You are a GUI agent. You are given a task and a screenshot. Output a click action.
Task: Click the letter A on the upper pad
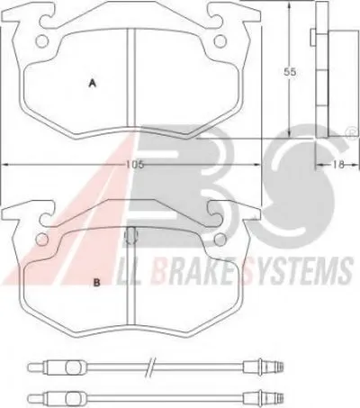point(93,83)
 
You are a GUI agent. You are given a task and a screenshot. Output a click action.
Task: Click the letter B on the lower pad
point(96,283)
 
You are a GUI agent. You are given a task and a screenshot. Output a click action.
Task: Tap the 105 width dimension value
point(135,165)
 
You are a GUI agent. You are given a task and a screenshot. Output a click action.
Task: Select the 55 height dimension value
point(290,72)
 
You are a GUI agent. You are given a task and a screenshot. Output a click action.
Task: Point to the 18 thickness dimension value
point(337,165)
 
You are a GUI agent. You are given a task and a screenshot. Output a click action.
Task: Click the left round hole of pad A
point(41,41)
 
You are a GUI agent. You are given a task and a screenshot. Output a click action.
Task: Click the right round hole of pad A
point(220,41)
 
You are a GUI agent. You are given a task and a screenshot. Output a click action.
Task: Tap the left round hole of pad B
point(41,240)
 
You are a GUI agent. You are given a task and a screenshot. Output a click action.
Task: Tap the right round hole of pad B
point(220,240)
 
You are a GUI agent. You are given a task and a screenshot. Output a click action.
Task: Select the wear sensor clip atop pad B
point(130,235)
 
